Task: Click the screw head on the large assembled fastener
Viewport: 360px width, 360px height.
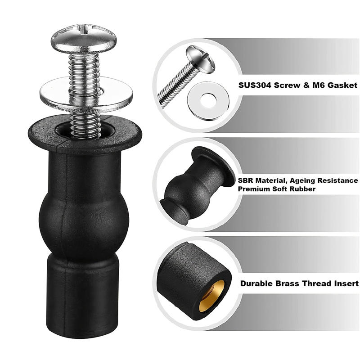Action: point(84,38)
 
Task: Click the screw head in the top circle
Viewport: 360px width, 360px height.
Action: point(201,58)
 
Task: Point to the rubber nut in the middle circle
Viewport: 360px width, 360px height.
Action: point(193,184)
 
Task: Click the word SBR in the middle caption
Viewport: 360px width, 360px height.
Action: point(246,181)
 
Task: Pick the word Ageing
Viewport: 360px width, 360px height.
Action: point(306,181)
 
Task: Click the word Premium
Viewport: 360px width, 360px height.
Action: point(254,189)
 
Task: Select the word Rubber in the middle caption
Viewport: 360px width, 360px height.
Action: point(302,189)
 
